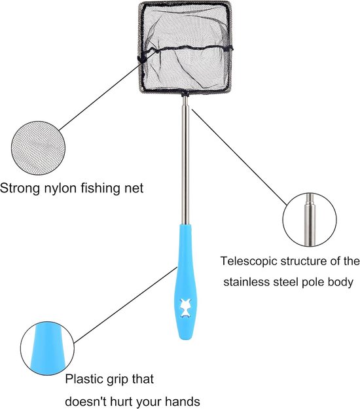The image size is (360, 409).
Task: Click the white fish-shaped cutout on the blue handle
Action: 187,308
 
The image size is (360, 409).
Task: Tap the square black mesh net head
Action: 185,48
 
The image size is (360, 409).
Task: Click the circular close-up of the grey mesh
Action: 38,148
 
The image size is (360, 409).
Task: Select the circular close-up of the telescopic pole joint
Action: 310,220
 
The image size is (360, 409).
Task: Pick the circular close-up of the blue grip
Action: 47,349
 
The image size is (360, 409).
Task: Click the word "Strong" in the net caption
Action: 20,188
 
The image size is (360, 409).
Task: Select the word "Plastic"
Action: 84,379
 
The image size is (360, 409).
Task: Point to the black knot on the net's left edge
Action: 142,59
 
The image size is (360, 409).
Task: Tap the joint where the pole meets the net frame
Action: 185,94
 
